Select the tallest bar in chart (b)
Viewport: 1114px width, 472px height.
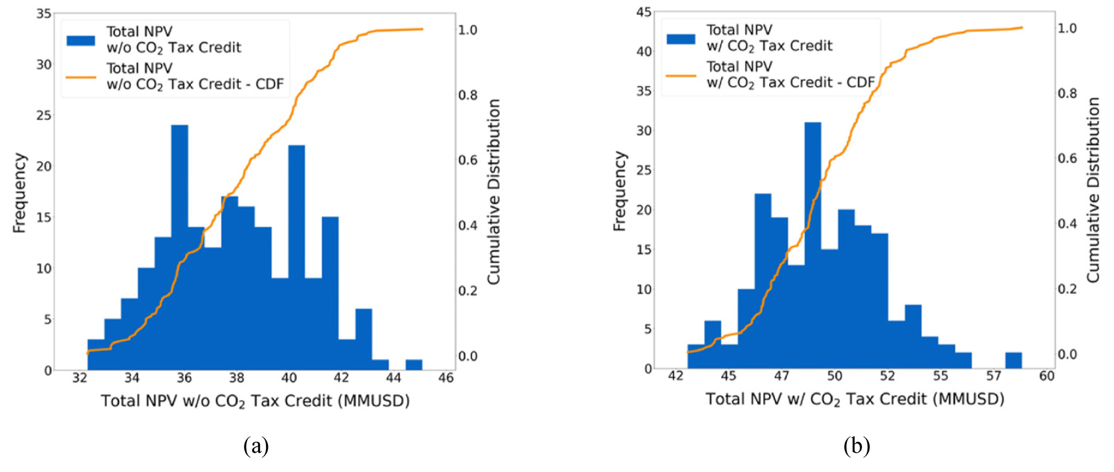(812, 246)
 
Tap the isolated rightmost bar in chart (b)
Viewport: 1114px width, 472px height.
(1013, 360)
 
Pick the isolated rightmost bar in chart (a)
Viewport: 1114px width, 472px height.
(413, 364)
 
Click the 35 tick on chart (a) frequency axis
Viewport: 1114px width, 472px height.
(44, 13)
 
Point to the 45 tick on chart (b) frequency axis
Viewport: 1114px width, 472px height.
(643, 12)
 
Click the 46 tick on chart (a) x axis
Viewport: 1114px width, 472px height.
(446, 378)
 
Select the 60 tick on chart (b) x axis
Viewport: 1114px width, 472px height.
(1047, 376)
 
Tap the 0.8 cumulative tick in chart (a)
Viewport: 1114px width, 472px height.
(468, 95)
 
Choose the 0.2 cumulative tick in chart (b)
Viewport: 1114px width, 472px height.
(1067, 289)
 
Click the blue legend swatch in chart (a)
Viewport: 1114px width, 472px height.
(81, 40)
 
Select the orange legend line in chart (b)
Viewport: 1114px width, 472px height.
(681, 75)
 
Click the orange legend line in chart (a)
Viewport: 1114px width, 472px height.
(81, 77)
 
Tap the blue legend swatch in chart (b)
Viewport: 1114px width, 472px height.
(681, 39)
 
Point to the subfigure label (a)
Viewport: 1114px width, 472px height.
(257, 445)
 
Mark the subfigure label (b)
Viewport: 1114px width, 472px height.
(856, 445)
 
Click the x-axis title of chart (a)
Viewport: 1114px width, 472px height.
(255, 401)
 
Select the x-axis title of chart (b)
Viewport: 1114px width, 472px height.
(855, 399)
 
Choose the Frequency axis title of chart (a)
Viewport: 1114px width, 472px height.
(20, 193)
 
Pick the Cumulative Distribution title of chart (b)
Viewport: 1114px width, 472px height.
(1093, 190)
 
